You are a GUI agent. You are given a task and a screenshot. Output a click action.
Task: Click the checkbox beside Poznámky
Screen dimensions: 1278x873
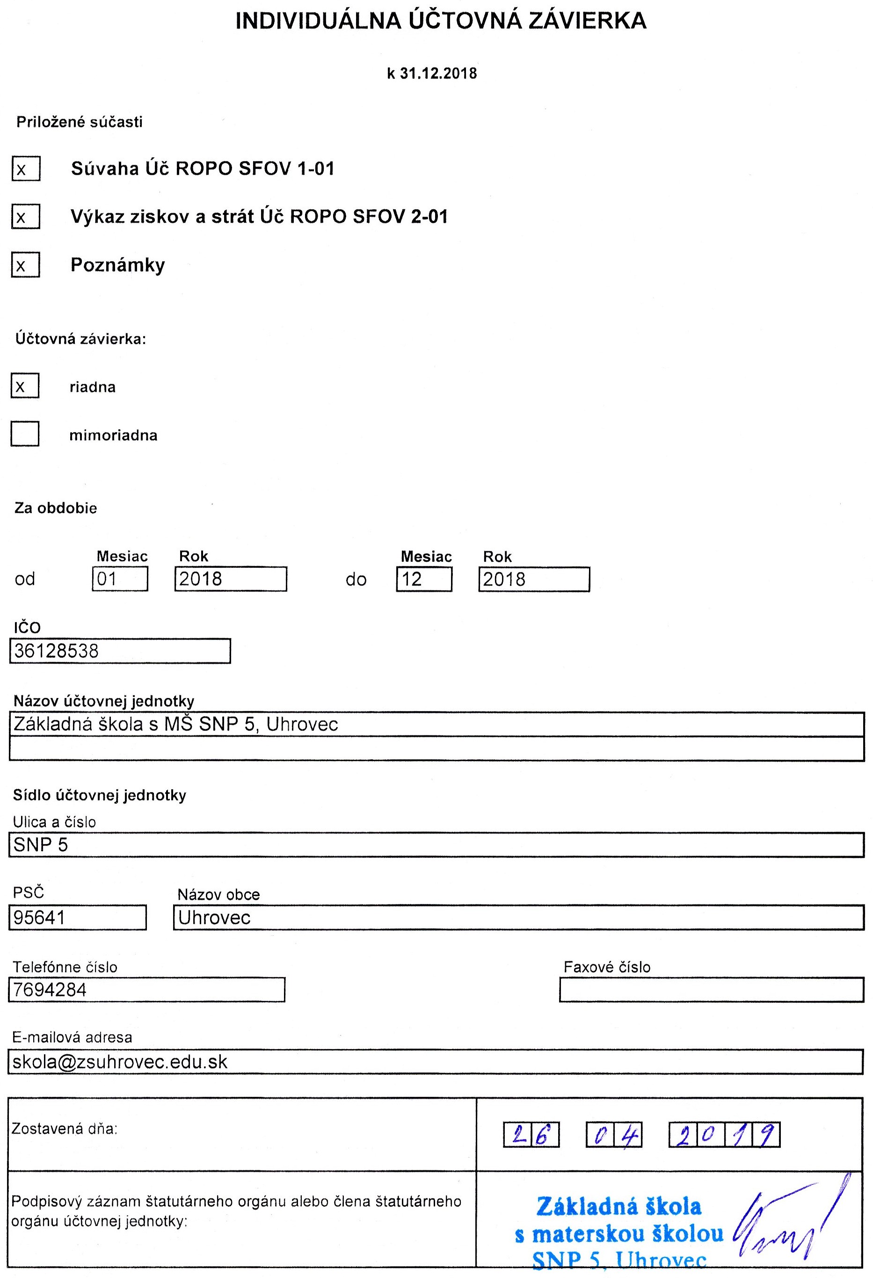pos(26,265)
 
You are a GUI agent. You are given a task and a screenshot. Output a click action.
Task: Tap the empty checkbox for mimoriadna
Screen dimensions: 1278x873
pos(25,434)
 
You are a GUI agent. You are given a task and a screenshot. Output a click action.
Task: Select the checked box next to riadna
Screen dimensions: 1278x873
pos(25,385)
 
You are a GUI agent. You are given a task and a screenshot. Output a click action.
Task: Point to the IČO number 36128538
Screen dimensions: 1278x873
pos(57,651)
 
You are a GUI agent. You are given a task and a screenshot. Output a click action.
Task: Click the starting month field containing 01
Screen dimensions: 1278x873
pos(120,579)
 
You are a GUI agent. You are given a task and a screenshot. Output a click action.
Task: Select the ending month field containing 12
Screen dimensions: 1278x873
pos(424,579)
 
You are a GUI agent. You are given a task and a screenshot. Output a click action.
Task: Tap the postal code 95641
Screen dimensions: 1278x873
pos(40,917)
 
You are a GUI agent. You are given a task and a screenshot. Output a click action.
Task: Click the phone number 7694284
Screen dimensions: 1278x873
pos(50,990)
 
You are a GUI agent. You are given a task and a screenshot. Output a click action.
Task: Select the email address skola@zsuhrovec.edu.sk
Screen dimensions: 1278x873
pos(120,1062)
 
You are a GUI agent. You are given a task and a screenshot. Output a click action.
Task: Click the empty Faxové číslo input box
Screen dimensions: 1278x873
pos(712,990)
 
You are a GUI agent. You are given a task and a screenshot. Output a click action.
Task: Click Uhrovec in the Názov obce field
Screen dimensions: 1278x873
pos(214,917)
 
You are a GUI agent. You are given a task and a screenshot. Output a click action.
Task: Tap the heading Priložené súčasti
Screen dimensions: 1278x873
pos(79,122)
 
